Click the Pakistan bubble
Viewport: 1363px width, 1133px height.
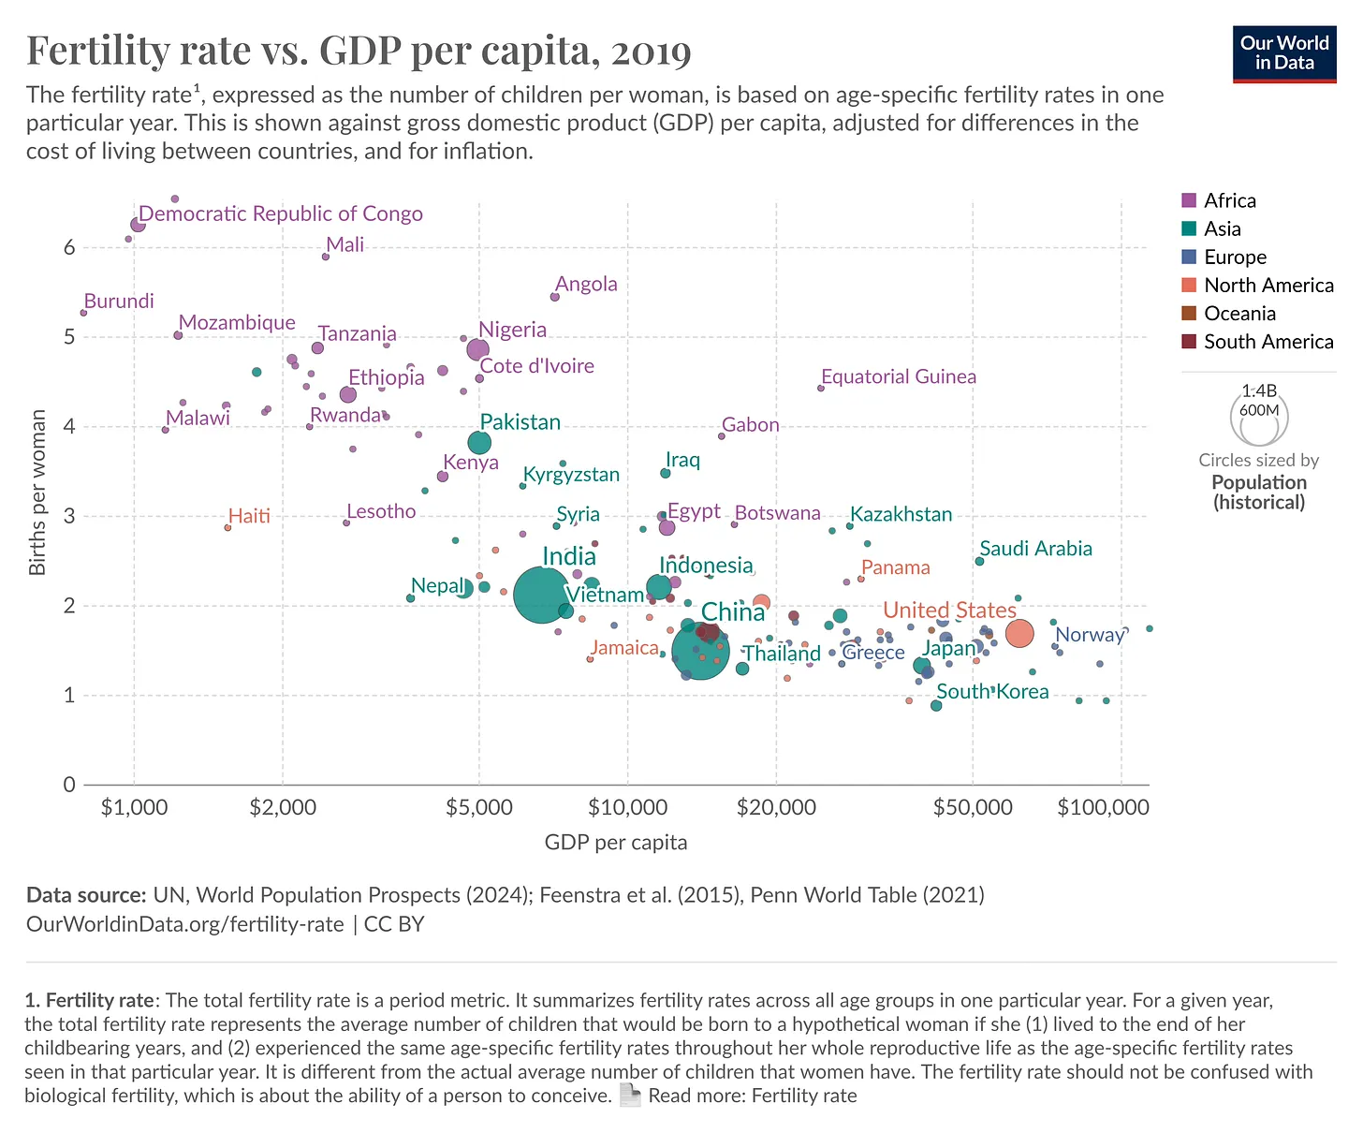pos(479,442)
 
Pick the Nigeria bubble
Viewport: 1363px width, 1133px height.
pos(477,349)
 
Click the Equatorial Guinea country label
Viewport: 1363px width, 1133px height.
pos(898,376)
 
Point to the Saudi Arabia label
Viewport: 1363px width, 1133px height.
pos(1035,549)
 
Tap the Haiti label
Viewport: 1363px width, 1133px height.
pos(249,516)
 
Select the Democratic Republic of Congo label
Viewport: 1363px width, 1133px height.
pos(281,213)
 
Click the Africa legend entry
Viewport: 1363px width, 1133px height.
pos(1229,200)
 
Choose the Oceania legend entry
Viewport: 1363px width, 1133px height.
pos(1239,314)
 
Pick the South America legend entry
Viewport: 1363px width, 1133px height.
pos(1268,342)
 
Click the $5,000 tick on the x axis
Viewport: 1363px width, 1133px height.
pos(479,807)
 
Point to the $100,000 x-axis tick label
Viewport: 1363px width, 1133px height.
pos(1103,807)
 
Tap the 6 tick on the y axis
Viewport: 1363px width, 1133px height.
pos(68,248)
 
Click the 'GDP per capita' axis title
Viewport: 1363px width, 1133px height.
pos(616,843)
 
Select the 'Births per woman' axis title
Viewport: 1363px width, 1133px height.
pos(37,493)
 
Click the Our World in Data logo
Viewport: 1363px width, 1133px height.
pos(1284,53)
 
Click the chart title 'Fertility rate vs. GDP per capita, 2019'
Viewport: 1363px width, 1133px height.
pos(359,51)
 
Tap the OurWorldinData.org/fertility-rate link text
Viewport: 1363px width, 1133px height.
pos(184,924)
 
